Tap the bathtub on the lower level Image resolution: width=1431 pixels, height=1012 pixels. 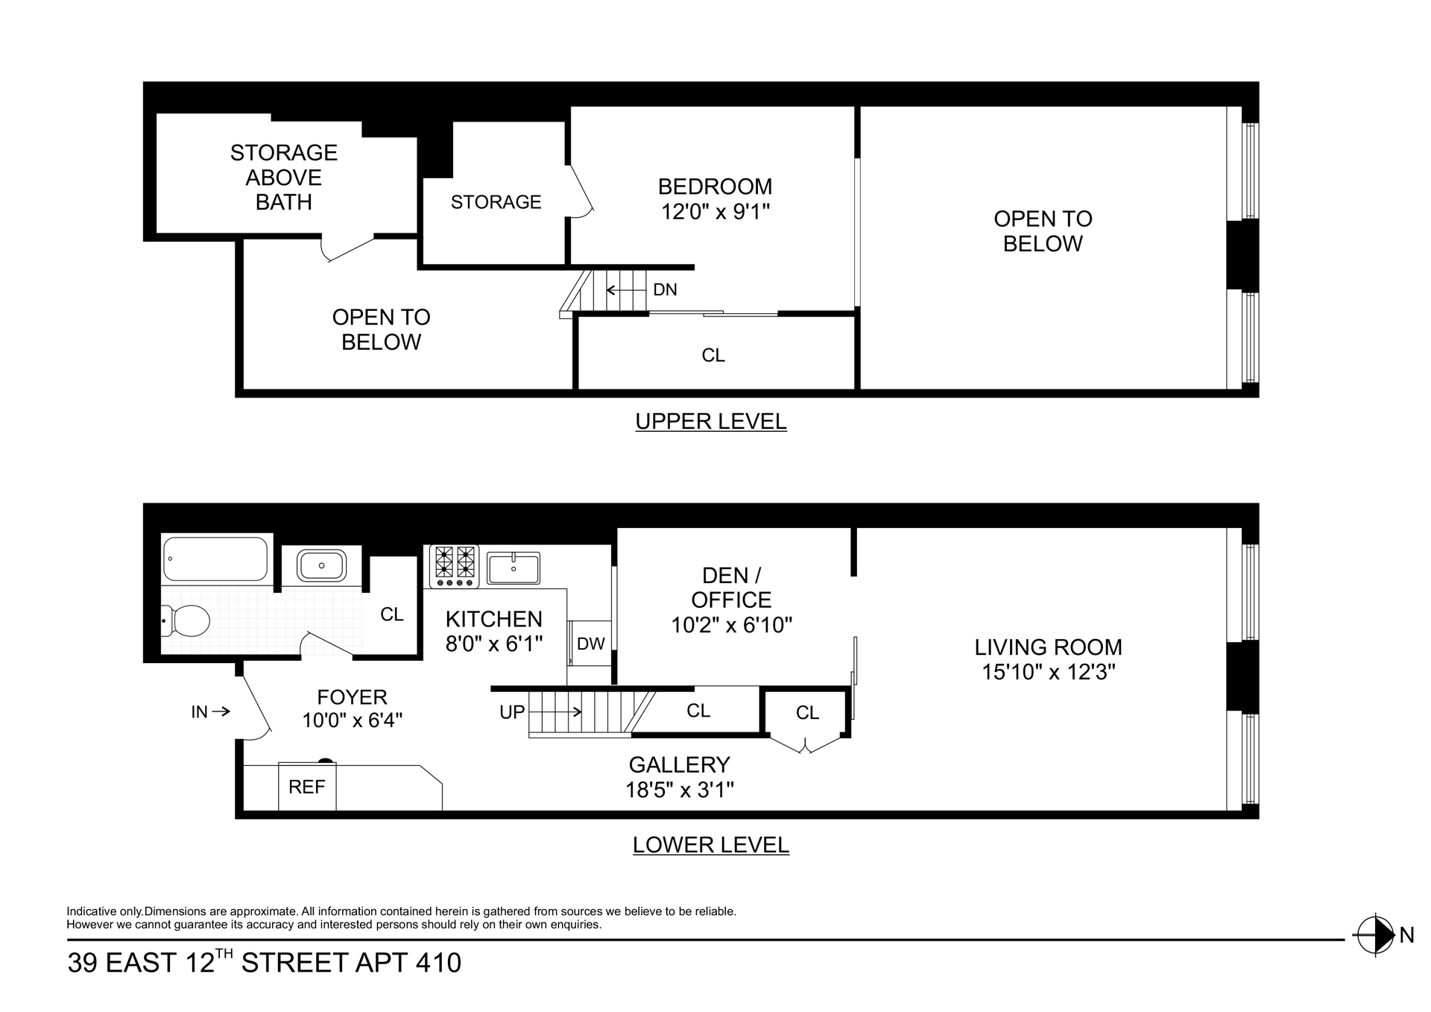(215, 559)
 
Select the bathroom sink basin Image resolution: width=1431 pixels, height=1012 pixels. (321, 566)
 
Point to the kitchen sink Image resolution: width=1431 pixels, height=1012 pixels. (514, 568)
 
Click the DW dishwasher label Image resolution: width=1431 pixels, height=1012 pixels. (591, 644)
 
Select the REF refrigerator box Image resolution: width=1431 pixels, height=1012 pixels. (307, 787)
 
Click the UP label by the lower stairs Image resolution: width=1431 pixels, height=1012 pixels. (512, 712)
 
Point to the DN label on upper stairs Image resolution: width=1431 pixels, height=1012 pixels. (665, 290)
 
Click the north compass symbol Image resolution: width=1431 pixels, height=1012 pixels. (1375, 934)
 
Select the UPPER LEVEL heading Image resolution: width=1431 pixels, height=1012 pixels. (710, 421)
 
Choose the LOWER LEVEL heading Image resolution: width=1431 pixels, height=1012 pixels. (710, 845)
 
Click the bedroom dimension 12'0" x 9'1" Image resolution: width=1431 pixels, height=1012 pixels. (715, 213)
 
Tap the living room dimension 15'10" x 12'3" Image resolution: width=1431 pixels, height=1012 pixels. (1048, 673)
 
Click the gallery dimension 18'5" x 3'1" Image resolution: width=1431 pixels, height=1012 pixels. (680, 790)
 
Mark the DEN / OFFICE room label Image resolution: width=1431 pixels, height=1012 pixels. (731, 588)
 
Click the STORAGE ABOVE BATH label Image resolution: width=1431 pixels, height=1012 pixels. (284, 177)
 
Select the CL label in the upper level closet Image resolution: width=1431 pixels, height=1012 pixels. (713, 356)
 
